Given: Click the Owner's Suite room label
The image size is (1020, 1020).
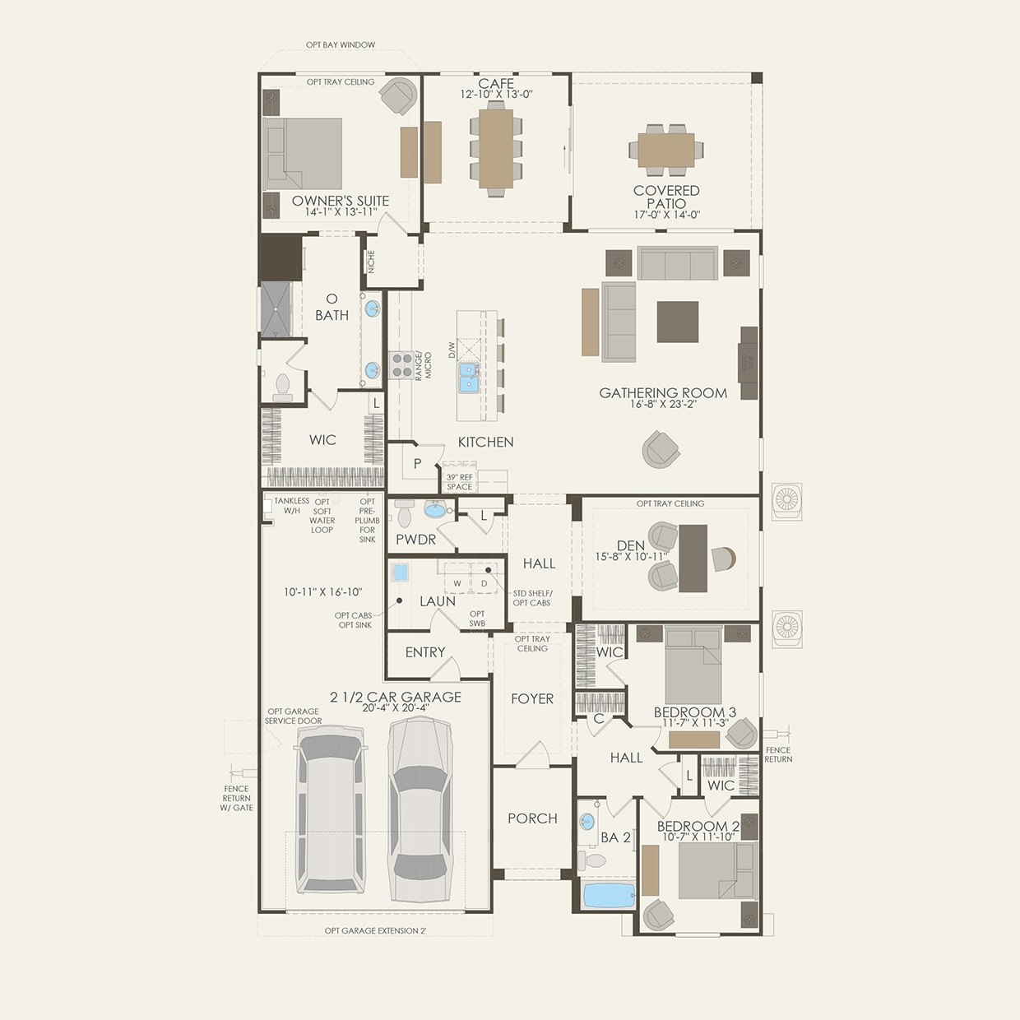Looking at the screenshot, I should pyautogui.click(x=340, y=201).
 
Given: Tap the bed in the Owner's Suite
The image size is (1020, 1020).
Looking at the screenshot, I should pyautogui.click(x=302, y=154).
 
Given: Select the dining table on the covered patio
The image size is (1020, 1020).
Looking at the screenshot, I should pyautogui.click(x=666, y=150).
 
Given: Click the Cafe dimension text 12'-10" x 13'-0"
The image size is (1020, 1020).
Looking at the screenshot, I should pyautogui.click(x=496, y=95).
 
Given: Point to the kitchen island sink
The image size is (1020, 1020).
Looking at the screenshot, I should pyautogui.click(x=469, y=378).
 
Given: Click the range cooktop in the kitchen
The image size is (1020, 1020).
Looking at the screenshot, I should pyautogui.click(x=401, y=364).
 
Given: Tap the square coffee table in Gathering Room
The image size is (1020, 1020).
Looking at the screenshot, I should pyautogui.click(x=677, y=322).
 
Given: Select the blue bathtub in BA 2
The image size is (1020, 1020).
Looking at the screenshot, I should pyautogui.click(x=608, y=895).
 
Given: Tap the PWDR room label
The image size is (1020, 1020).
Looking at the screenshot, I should pyautogui.click(x=415, y=540).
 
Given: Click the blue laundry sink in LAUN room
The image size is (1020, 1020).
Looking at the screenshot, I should pyautogui.click(x=401, y=573).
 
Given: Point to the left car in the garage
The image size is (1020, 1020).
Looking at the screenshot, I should pyautogui.click(x=331, y=814).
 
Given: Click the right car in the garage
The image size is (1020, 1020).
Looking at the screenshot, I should pyautogui.click(x=419, y=810).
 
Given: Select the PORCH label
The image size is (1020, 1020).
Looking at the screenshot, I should pyautogui.click(x=532, y=818).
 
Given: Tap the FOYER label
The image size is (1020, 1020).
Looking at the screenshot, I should pyautogui.click(x=532, y=698).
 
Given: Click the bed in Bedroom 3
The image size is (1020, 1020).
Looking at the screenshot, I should pyautogui.click(x=693, y=665).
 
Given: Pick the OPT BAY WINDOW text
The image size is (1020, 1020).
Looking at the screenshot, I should pyautogui.click(x=341, y=44).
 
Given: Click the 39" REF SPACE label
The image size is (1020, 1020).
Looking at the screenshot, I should pyautogui.click(x=459, y=482).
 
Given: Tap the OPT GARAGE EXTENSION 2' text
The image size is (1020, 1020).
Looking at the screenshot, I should pyautogui.click(x=375, y=930).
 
